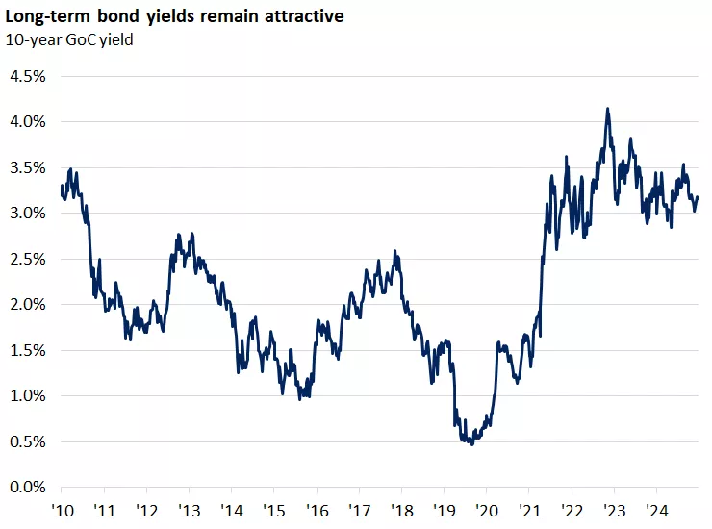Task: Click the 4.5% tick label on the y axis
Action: (x=27, y=76)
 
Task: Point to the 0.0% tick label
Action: (x=27, y=488)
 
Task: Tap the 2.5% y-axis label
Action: (x=27, y=259)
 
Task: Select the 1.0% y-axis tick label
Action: (x=27, y=396)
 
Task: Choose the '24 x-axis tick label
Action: (x=656, y=511)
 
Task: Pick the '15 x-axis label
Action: (x=274, y=511)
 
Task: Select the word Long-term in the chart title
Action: (x=44, y=16)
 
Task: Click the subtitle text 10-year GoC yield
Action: (x=70, y=39)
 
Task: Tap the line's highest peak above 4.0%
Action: (x=607, y=109)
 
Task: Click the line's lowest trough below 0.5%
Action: (x=471, y=444)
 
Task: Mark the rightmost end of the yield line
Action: (x=698, y=197)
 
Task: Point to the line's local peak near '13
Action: (x=192, y=233)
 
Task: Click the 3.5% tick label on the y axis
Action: (x=27, y=167)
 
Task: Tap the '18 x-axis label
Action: (x=401, y=511)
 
